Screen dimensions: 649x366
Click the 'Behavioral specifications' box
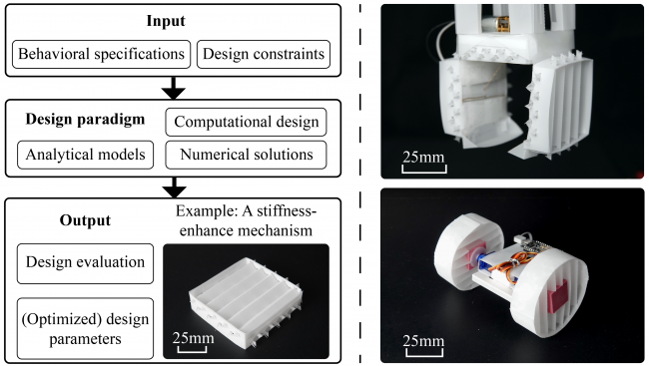[102, 54]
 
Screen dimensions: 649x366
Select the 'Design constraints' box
[264, 54]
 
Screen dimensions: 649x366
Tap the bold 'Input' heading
[166, 21]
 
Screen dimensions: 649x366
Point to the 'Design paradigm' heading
[85, 119]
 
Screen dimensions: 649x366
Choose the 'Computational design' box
[247, 122]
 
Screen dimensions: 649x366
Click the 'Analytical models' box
[85, 155]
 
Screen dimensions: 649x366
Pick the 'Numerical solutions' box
[247, 155]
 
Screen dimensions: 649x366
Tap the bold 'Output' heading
[85, 220]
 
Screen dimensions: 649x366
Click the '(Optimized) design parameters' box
[85, 329]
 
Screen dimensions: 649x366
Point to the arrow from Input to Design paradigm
[174, 88]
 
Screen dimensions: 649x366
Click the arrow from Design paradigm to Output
[174, 187]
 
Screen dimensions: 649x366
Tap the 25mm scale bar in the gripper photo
[423, 170]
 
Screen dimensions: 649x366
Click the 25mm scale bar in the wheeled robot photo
[423, 353]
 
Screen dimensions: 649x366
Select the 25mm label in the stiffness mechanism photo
[194, 338]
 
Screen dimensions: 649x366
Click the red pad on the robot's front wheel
[557, 295]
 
